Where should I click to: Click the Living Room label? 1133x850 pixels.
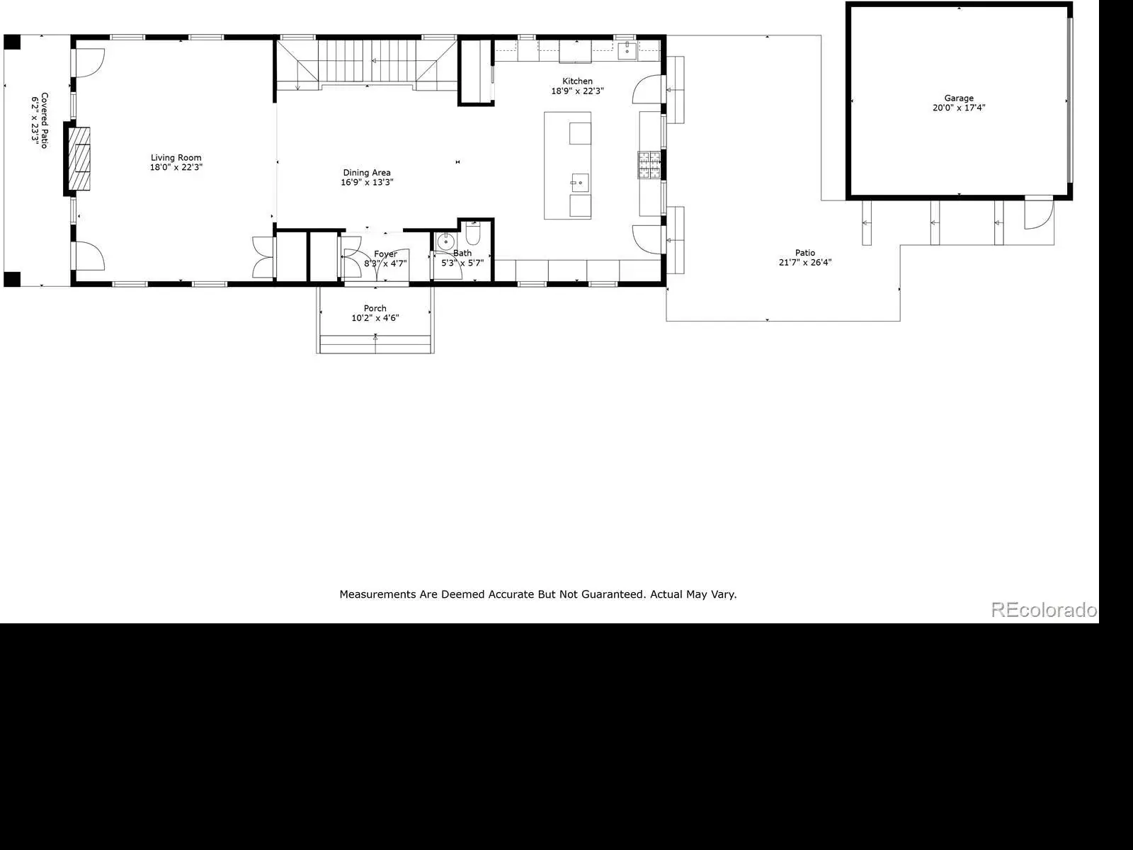176,157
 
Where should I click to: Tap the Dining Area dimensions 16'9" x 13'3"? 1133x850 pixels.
367,182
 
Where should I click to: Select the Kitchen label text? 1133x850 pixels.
577,81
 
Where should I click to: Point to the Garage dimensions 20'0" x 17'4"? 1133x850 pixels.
959,108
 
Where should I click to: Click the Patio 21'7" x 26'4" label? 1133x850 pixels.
804,258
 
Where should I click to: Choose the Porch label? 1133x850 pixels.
375,308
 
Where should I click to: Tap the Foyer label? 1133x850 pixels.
386,254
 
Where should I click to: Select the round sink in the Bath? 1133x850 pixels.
445,241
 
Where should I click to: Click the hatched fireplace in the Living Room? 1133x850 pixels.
79,159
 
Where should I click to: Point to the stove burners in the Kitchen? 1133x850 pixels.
649,165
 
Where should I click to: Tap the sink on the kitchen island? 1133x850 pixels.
580,183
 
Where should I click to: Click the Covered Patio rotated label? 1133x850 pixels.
40,120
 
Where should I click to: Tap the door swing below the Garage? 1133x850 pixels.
1039,215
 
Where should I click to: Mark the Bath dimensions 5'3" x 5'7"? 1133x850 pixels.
462,263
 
